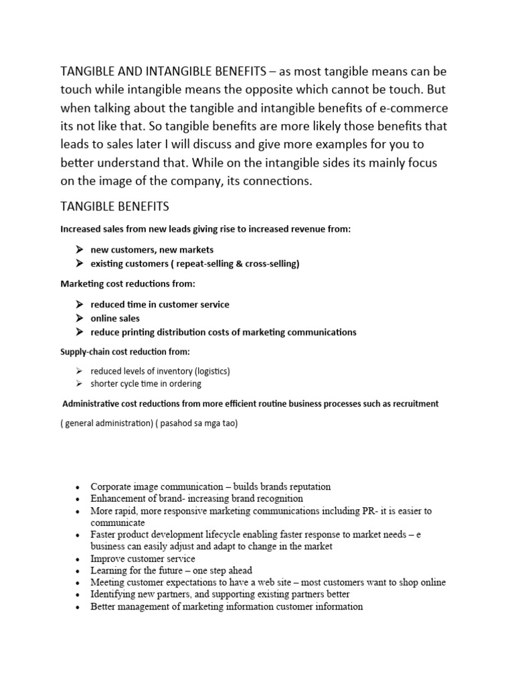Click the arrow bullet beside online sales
coord(79,318)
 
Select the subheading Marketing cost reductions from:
coord(128,284)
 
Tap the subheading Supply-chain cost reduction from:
coord(125,351)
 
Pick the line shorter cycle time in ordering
coord(145,384)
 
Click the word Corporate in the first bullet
coord(110,486)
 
